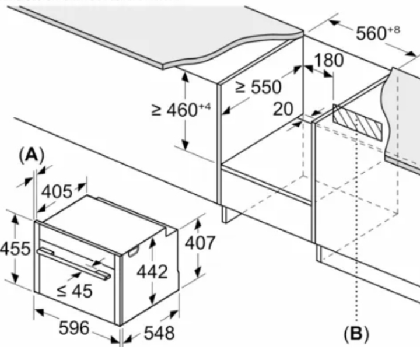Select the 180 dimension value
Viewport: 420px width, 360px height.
click(328, 61)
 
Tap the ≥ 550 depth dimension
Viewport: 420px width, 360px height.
click(258, 88)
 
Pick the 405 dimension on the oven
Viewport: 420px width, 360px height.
click(57, 191)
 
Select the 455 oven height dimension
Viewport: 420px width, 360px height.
click(14, 249)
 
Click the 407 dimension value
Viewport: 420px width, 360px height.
click(200, 243)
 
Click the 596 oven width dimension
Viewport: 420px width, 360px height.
click(74, 328)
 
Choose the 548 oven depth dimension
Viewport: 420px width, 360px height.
click(158, 333)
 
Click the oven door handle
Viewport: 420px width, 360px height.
click(73, 261)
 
